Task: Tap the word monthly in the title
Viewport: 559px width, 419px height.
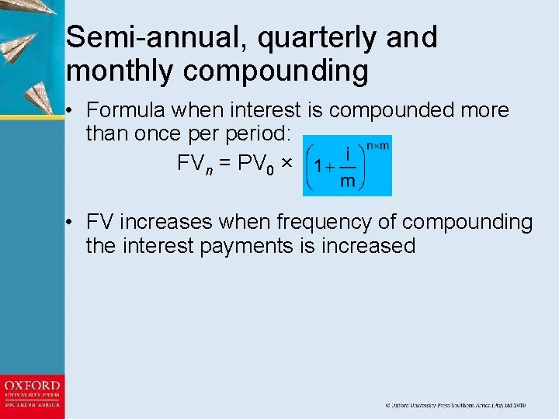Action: point(120,71)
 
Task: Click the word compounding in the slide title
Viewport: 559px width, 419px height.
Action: point(276,71)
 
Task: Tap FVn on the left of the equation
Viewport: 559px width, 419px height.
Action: point(191,165)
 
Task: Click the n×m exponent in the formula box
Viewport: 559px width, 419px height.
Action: point(377,144)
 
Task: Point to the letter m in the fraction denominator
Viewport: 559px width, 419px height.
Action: point(349,182)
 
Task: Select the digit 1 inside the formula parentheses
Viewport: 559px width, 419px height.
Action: point(318,166)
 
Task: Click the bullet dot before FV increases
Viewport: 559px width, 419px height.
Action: point(70,223)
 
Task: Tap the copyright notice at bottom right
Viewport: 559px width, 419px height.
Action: point(457,405)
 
